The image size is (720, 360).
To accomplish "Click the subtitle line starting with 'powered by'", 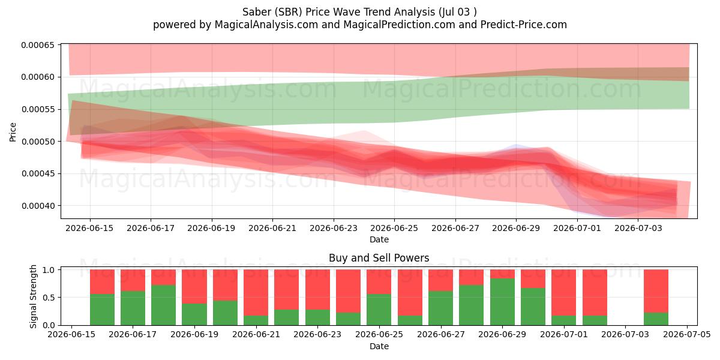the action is [359, 25].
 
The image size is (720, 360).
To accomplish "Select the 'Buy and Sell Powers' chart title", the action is [379, 258].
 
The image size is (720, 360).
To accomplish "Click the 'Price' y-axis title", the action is [13, 132].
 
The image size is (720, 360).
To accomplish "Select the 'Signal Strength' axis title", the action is [33, 296].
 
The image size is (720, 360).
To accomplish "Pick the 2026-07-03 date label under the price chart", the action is [638, 228].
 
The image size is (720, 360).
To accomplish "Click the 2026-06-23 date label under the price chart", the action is [334, 228].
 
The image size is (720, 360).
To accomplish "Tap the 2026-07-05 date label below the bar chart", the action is [687, 335].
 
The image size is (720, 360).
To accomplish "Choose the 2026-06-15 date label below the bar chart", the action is [71, 335].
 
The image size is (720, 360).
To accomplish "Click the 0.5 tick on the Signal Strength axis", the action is [49, 298].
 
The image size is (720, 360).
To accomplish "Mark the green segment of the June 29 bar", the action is [502, 302].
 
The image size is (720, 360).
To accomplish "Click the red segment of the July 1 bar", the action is [564, 293].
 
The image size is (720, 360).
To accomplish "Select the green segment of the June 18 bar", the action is [164, 305].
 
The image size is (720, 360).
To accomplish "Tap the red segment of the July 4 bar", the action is [656, 291].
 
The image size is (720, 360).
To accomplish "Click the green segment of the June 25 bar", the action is [379, 310].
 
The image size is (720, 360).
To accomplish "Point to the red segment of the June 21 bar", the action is [256, 293].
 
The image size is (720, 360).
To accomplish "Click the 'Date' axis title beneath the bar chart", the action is [379, 346].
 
